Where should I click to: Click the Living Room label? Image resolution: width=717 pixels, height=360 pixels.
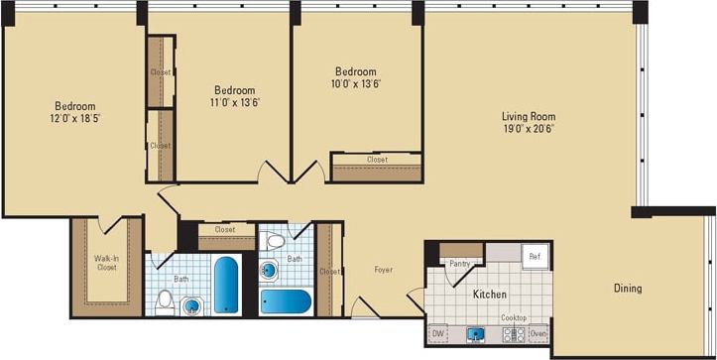[x=529, y=116]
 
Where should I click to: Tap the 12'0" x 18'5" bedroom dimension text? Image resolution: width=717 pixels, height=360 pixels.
[x=75, y=119]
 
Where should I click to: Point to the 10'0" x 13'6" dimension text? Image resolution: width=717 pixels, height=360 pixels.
[x=355, y=84]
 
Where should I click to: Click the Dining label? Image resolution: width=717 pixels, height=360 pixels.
[x=627, y=289]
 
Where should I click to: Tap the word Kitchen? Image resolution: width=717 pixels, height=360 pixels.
[x=490, y=295]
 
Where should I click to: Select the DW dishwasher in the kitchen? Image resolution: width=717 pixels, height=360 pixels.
[x=438, y=334]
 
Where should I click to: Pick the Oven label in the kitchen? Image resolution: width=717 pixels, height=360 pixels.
[x=538, y=334]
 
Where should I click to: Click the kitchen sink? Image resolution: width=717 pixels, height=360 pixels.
[x=476, y=334]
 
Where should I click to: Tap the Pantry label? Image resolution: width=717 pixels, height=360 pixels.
[x=459, y=264]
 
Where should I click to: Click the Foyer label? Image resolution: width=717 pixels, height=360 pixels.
[x=384, y=270]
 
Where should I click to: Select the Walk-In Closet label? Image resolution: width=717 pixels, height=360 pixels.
[x=107, y=263]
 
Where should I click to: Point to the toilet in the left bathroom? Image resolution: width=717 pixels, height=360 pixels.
[x=166, y=300]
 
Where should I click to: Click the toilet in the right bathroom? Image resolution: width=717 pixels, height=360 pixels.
[x=276, y=241]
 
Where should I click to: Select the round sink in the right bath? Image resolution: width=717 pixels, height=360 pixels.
[x=269, y=269]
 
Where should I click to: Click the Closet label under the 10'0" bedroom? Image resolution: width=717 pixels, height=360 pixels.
[x=377, y=160]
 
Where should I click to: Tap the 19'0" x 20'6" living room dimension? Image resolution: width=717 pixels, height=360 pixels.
[x=529, y=128]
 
